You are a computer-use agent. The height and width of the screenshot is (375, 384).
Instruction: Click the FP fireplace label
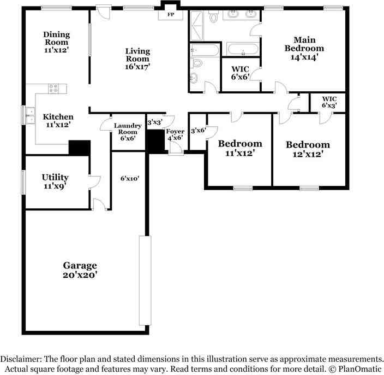(x=170, y=14)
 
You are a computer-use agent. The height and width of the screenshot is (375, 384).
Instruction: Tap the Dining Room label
(x=57, y=38)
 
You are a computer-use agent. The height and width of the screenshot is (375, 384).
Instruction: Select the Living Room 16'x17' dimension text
(x=137, y=66)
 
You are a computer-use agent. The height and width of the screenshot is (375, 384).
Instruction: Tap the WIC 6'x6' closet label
(x=241, y=73)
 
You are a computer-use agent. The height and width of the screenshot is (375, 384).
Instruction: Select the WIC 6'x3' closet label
(x=329, y=102)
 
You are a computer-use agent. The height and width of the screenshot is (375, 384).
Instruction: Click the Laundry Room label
(x=128, y=129)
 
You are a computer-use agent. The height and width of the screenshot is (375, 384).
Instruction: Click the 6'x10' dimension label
(x=130, y=178)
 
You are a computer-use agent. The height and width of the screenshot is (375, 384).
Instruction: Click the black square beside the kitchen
(x=80, y=148)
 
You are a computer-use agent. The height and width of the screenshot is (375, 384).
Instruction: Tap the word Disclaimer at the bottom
(x=22, y=359)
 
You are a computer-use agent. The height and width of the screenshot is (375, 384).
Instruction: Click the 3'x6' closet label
(x=197, y=131)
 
